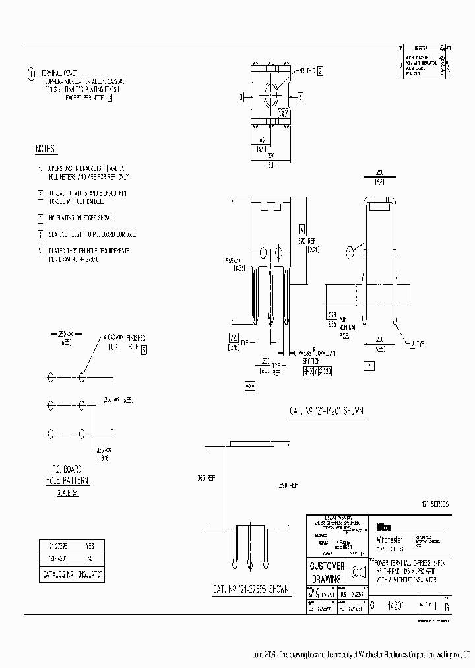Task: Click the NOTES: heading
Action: pos(46,149)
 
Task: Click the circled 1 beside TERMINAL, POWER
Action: pos(31,74)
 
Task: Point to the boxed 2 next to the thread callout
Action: pos(320,70)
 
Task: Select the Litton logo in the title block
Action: pos(383,527)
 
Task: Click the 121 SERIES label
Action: pos(435,504)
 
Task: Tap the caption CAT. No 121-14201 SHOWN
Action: pos(327,411)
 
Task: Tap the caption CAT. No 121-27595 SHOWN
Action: pos(251,589)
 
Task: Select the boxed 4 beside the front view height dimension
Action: pos(302,230)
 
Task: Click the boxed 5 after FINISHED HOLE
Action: pos(144,351)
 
